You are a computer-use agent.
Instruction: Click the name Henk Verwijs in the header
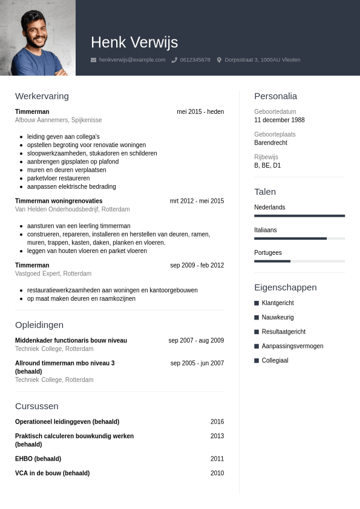pos(134,42)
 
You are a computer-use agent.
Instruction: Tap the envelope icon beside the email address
pos(93,60)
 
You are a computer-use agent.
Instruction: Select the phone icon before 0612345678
pos(174,60)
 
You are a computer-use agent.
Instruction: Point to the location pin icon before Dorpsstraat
pos(219,60)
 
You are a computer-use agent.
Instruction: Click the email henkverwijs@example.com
pos(132,60)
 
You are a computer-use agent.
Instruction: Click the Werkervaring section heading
pos(42,96)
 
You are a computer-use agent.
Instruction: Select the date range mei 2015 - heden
pos(200,112)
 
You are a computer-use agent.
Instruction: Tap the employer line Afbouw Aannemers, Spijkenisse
pos(58,120)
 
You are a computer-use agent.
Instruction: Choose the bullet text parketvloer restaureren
pos(58,179)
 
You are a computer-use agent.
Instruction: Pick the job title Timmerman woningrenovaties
pos(59,201)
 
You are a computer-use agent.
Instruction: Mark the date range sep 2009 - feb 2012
pos(197,265)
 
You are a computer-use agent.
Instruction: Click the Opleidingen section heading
pos(39,325)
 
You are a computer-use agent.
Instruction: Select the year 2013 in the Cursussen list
pos(217,436)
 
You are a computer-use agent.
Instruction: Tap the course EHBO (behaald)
pos(38,459)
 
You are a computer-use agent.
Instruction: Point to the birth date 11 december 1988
pos(280,120)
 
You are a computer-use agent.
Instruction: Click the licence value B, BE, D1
pos(267,165)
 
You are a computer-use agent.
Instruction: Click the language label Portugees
pos(268,253)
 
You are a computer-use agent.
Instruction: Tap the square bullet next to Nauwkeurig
pos(257,317)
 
